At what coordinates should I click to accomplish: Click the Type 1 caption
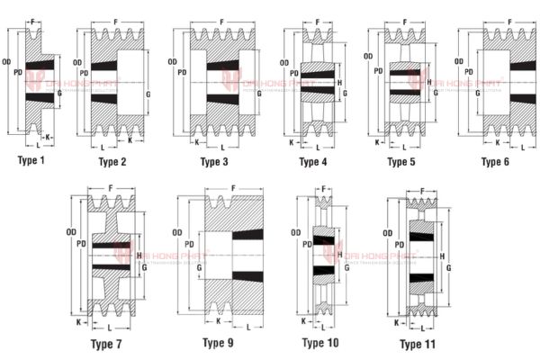click(31, 160)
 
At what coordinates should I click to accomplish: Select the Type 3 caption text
click(214, 162)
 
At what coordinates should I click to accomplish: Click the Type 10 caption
click(319, 343)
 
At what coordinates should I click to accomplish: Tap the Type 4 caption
click(313, 162)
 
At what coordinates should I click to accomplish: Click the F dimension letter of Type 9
click(233, 188)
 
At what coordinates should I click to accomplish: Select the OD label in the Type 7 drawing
click(71, 233)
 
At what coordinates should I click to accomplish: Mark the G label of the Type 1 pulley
click(59, 92)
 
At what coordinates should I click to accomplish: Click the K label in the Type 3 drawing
click(196, 141)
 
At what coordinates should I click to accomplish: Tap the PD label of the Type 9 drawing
click(189, 244)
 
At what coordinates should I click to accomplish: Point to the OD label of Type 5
click(368, 56)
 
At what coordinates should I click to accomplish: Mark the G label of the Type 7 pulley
click(146, 269)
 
